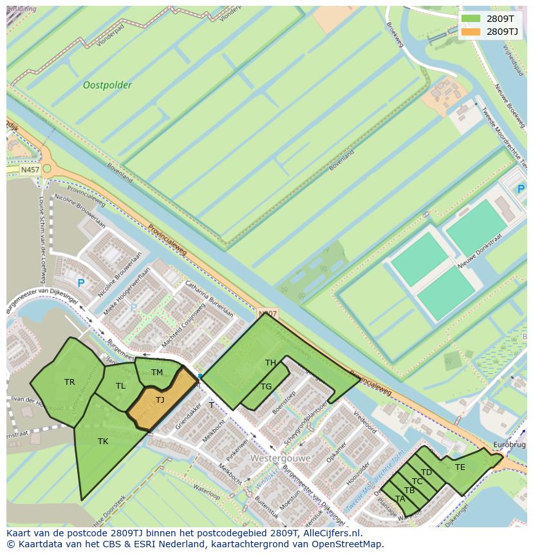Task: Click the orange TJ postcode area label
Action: (160, 400)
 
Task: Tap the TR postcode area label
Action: (70, 382)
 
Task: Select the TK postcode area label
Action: (103, 442)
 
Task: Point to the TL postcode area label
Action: (120, 386)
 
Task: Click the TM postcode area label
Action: (156, 373)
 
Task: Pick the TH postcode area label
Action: (270, 363)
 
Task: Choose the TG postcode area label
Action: (266, 387)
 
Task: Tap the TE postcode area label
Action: (460, 467)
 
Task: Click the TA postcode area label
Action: (400, 499)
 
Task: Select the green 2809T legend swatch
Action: (471, 18)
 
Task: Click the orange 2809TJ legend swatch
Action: (471, 31)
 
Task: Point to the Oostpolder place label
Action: (108, 85)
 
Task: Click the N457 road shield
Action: (30, 170)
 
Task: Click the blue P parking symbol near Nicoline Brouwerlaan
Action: (81, 283)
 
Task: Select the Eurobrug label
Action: (509, 445)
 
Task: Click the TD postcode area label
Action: (426, 472)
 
